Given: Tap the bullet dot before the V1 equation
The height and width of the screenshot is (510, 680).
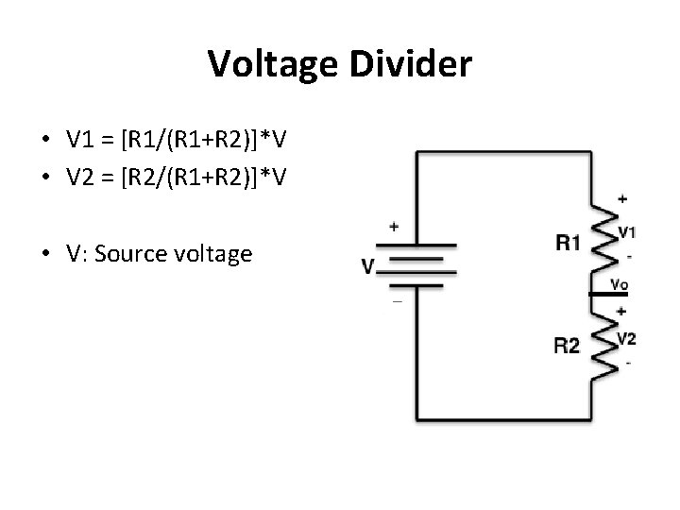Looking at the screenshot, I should tap(45, 142).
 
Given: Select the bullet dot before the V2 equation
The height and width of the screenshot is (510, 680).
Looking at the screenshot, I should tap(45, 177).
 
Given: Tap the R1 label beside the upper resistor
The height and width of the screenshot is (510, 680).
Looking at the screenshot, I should tap(568, 244).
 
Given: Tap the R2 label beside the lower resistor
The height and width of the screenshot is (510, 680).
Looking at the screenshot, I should tap(568, 346).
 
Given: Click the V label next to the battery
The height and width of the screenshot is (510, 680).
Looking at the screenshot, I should tap(367, 267).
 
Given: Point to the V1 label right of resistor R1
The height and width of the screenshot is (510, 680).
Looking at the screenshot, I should tap(626, 233).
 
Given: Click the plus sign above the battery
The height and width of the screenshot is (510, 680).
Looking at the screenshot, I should tap(394, 227).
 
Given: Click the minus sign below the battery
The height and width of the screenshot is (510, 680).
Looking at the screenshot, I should tap(396, 301).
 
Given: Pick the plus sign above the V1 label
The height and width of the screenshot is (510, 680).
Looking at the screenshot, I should tap(621, 199).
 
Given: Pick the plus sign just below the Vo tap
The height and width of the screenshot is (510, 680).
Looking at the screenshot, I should tap(621, 311).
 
